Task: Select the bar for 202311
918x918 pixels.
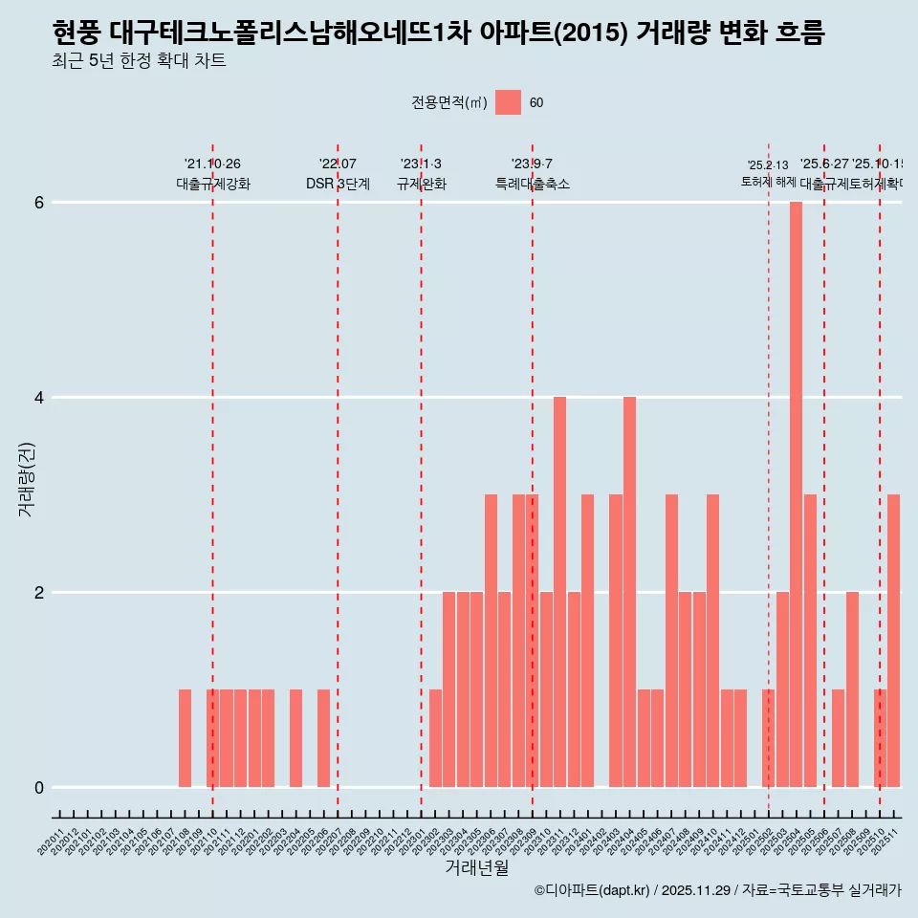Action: coord(559,592)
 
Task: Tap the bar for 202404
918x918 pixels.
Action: coord(629,592)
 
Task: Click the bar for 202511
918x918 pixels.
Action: coord(893,641)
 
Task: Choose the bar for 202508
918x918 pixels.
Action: coord(852,689)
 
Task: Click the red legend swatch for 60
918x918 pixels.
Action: coord(508,102)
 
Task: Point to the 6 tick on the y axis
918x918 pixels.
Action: coord(39,203)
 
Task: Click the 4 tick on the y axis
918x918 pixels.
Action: coord(39,398)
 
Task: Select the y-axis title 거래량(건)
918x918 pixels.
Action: coord(26,479)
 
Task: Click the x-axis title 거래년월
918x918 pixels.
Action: coord(476,867)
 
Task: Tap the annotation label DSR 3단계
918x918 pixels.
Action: coord(338,184)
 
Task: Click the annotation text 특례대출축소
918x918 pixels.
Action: coord(532,184)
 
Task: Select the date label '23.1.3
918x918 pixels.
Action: coord(421,164)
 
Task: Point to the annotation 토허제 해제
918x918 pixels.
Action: coord(768,182)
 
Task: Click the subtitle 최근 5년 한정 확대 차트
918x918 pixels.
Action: coord(140,62)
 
